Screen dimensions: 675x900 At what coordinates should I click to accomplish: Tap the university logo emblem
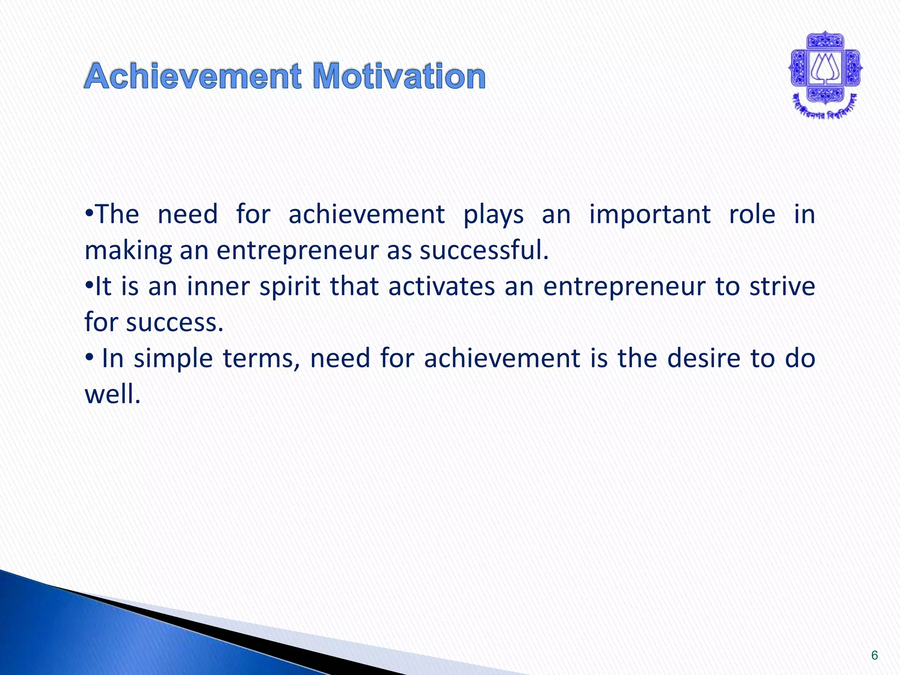pos(825,69)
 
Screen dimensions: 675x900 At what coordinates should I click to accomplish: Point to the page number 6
pos(875,655)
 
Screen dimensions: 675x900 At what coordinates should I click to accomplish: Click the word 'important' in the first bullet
pos(650,215)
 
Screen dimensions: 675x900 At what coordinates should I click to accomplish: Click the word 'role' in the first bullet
pos(752,214)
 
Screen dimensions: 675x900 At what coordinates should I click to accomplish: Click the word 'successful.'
pos(484,250)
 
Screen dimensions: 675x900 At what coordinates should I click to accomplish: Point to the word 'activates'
pos(441,287)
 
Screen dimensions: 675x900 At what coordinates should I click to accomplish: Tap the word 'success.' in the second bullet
pos(175,323)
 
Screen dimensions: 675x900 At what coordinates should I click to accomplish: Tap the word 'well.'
pos(112,394)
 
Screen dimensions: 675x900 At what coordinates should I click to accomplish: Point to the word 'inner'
pos(218,287)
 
